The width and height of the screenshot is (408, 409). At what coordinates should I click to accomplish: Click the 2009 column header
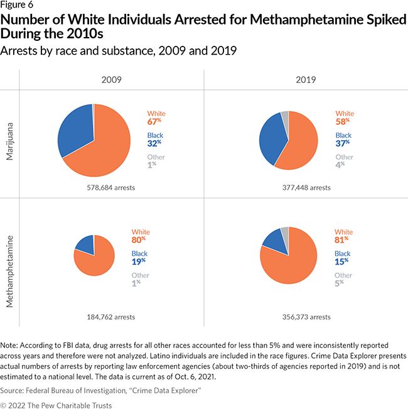(x=112, y=80)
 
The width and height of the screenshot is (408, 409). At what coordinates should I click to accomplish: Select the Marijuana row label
(x=11, y=143)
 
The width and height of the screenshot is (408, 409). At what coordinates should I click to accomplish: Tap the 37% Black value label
(x=343, y=144)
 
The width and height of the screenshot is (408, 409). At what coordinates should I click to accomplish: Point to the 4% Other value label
(x=342, y=166)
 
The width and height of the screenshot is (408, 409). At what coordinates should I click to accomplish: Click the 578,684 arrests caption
(x=111, y=187)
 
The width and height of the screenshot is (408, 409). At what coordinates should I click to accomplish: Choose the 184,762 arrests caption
(x=111, y=317)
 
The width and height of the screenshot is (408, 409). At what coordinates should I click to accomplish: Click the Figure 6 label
(x=16, y=7)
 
